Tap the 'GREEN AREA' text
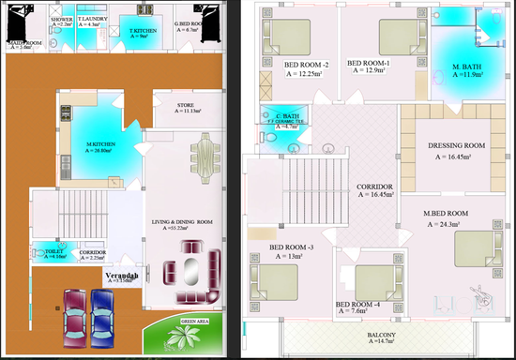point(195,322)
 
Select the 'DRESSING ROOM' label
point(456,145)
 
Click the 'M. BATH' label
point(467,67)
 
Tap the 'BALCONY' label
point(382,336)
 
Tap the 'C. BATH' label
point(277,114)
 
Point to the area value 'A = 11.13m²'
point(190,111)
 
